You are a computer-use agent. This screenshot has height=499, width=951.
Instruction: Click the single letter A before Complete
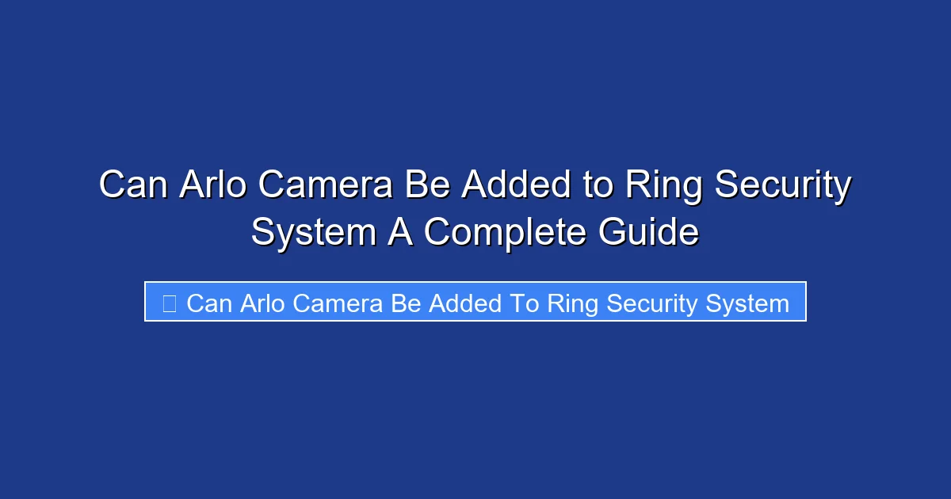click(x=401, y=232)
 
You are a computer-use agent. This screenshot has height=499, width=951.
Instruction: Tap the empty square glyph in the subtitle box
click(x=169, y=303)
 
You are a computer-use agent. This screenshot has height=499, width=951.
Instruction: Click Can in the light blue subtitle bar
click(x=208, y=303)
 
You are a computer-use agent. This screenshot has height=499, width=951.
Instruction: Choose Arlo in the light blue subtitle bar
click(x=262, y=303)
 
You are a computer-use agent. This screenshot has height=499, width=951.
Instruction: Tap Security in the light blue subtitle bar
click(x=651, y=303)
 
